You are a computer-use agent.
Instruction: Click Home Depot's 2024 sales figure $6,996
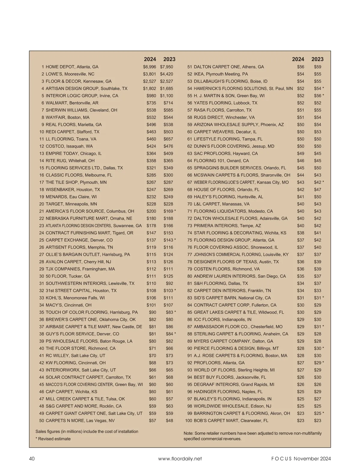(x=149, y=67)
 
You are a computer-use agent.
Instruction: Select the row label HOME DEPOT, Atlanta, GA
(x=72, y=67)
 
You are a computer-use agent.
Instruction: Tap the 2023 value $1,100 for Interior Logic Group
(x=166, y=96)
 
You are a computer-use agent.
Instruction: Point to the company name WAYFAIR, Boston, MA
(x=67, y=117)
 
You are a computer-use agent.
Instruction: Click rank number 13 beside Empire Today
(x=42, y=153)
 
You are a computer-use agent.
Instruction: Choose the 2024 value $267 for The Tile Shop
(x=151, y=182)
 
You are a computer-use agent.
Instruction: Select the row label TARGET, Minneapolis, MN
(x=71, y=204)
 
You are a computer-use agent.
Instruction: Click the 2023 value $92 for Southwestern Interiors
(x=169, y=283)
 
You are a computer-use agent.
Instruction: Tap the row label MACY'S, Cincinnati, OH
(x=68, y=305)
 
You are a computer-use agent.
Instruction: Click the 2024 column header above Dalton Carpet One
(x=298, y=59)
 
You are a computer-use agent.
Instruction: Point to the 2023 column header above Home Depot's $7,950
(x=169, y=59)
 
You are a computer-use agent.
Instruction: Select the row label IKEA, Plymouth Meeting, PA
(x=221, y=74)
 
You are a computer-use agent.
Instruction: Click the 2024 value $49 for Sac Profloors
(x=301, y=153)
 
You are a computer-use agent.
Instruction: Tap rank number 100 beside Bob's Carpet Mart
(x=188, y=421)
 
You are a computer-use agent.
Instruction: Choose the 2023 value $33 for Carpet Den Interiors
(x=317, y=291)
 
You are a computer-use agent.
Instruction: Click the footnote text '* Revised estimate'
(x=53, y=439)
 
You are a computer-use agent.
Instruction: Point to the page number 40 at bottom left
(x=32, y=459)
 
